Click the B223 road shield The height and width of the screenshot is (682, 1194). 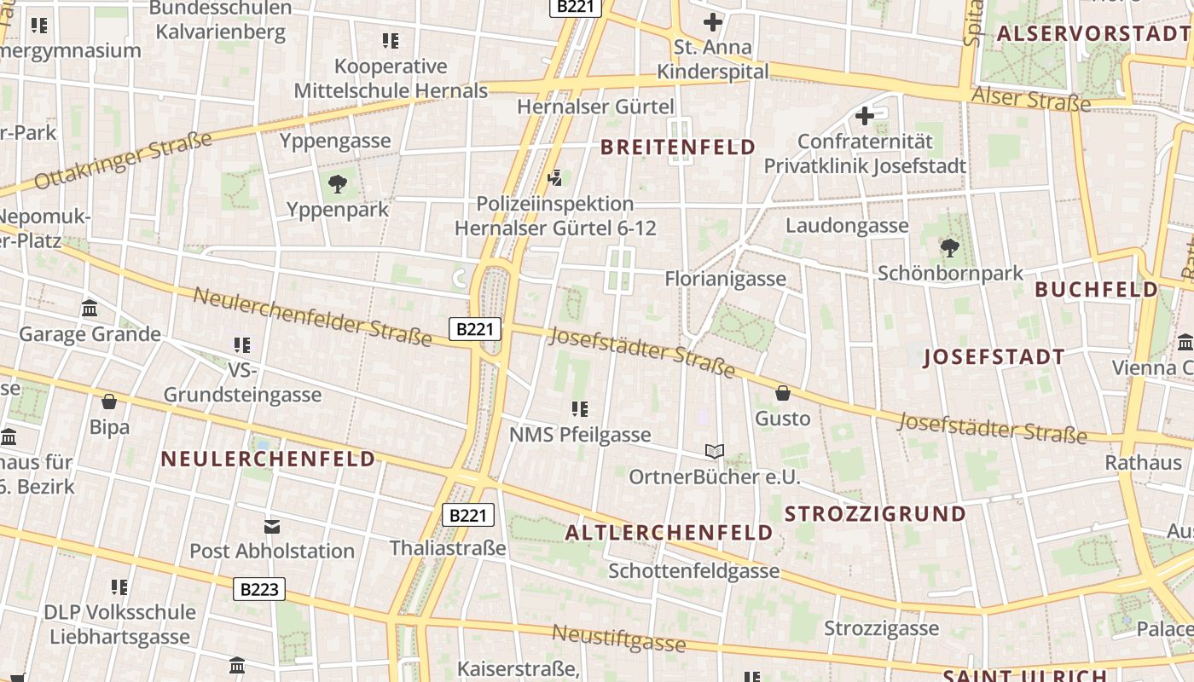pyautogui.click(x=258, y=589)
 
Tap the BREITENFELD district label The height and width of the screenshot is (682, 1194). pyautogui.click(x=678, y=147)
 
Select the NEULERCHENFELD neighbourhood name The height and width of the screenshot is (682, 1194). pyautogui.click(x=268, y=459)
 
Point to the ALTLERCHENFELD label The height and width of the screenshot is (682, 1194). pyautogui.click(x=669, y=533)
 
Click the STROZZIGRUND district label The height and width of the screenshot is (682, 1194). pyautogui.click(x=875, y=514)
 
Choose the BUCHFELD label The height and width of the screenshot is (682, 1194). pyautogui.click(x=1097, y=289)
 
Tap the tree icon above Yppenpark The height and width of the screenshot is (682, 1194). pyautogui.click(x=338, y=182)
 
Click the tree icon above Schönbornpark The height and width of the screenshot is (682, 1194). pyautogui.click(x=949, y=248)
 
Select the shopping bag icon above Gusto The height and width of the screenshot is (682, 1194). pyautogui.click(x=782, y=393)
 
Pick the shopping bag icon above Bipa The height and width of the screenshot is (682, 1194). pyautogui.click(x=109, y=401)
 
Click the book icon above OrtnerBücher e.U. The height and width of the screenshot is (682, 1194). pyautogui.click(x=714, y=451)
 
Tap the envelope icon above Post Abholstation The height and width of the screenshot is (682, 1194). pyautogui.click(x=271, y=526)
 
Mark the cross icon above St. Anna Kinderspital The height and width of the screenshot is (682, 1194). pyautogui.click(x=712, y=22)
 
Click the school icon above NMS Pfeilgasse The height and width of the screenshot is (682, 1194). pyautogui.click(x=580, y=409)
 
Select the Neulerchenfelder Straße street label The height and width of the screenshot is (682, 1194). pyautogui.click(x=312, y=316)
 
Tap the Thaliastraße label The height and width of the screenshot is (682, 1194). pyautogui.click(x=448, y=548)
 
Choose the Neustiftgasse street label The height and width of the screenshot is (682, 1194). pyautogui.click(x=618, y=637)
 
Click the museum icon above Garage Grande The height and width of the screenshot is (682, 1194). pyautogui.click(x=90, y=308)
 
